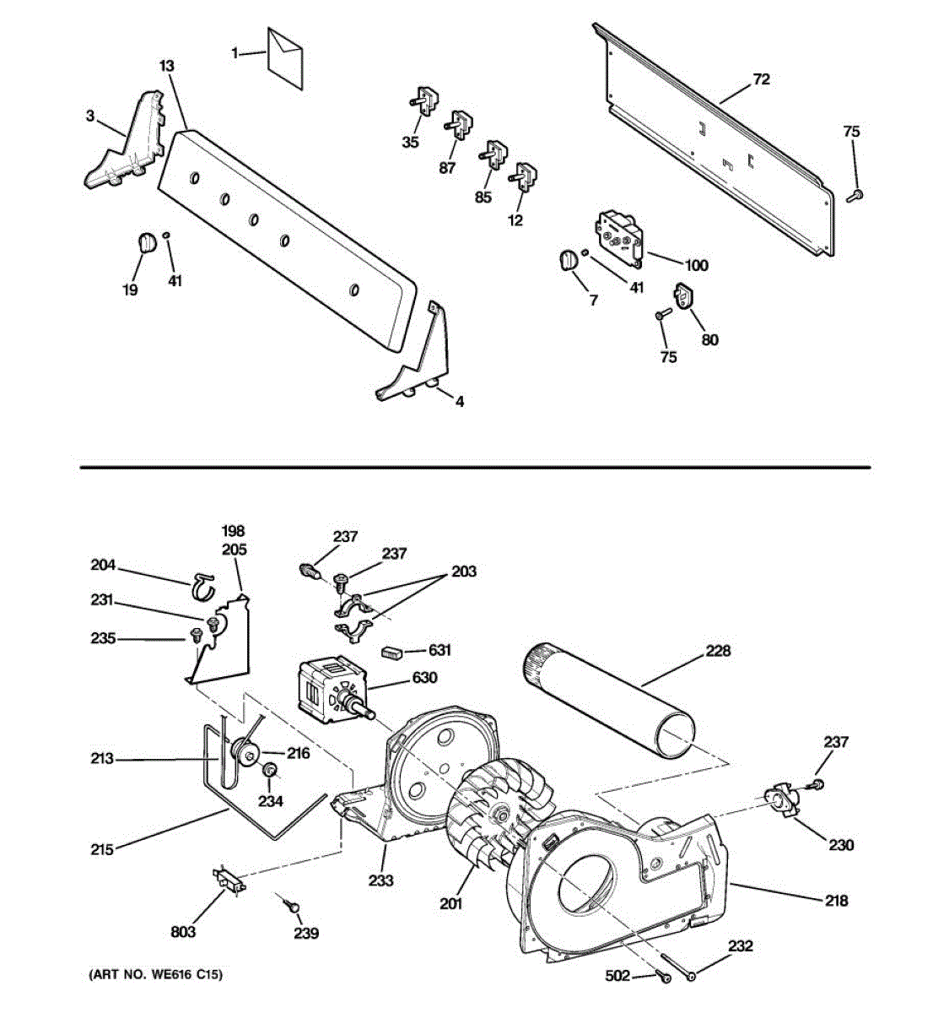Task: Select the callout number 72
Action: (761, 79)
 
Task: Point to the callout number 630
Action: (423, 677)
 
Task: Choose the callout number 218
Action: (836, 901)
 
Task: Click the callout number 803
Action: (183, 931)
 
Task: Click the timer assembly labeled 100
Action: (619, 235)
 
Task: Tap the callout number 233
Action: (380, 880)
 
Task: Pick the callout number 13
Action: (167, 66)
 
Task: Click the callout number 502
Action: (617, 976)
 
